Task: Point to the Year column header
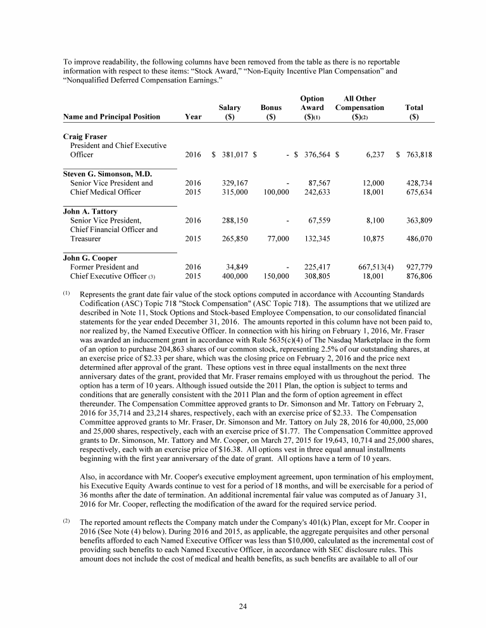click(x=192, y=116)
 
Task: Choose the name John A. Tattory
click(x=90, y=211)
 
